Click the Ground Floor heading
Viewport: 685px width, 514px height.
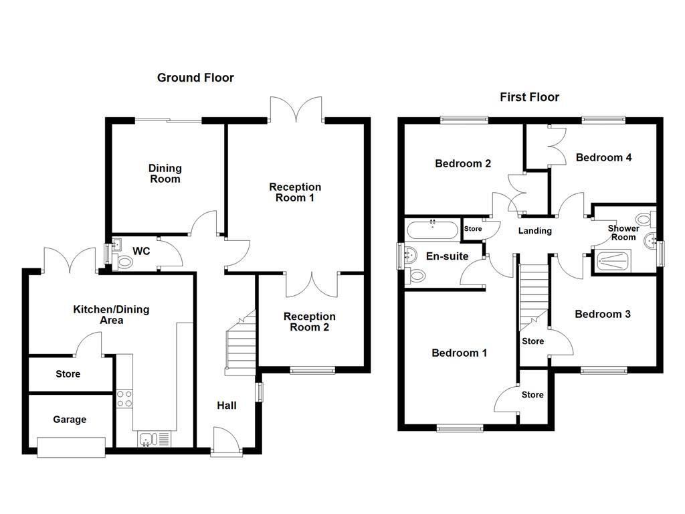point(195,78)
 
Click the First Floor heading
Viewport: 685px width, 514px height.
point(529,97)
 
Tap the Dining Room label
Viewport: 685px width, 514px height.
point(165,174)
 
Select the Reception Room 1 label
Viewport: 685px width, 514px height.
point(295,192)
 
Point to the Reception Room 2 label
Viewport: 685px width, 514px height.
point(309,322)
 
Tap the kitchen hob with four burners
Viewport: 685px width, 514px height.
point(124,399)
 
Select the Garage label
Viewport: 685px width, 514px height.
point(70,420)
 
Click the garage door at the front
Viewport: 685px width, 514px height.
point(71,447)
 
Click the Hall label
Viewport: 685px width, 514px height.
point(226,405)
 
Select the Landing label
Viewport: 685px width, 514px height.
point(535,231)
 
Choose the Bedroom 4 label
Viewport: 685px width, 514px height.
point(603,157)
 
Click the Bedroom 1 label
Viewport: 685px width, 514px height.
point(459,353)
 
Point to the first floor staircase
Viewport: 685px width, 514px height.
point(533,294)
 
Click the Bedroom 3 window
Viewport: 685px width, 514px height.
point(603,370)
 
